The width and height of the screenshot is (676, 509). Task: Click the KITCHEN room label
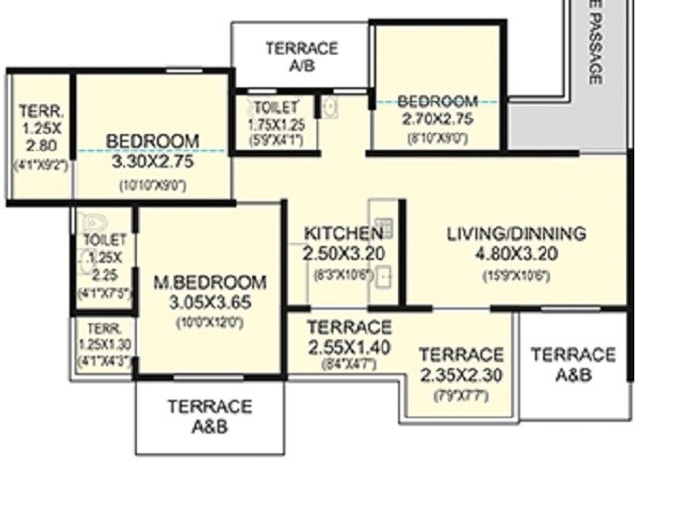[342, 234]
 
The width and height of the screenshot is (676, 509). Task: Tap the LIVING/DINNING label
[515, 234]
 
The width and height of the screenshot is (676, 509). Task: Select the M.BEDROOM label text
[209, 283]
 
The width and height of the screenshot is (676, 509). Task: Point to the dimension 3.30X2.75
[152, 162]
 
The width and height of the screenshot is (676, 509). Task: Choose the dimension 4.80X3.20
[515, 254]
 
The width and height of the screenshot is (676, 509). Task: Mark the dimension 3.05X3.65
[208, 303]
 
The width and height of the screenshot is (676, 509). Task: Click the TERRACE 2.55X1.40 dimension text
[348, 347]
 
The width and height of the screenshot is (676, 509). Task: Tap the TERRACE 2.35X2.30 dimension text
[461, 375]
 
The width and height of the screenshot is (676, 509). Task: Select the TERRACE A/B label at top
[302, 57]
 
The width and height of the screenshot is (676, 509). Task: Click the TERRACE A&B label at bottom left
[209, 417]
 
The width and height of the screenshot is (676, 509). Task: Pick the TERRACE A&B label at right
[573, 364]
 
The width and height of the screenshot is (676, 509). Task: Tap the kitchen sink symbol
[383, 277]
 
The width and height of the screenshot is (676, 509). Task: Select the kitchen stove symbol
[384, 228]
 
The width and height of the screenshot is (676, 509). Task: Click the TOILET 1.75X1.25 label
[276, 115]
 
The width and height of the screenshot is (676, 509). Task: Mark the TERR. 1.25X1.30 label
[103, 336]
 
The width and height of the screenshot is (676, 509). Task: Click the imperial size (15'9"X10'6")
[515, 277]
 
